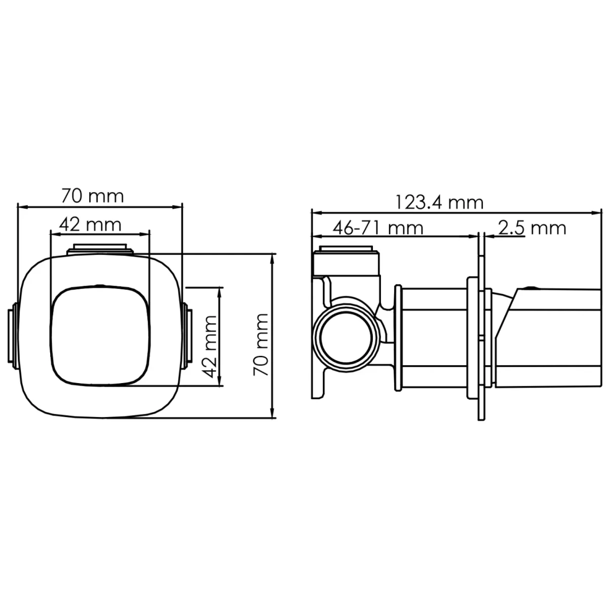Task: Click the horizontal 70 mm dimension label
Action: tap(92, 196)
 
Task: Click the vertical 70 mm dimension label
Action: tap(261, 345)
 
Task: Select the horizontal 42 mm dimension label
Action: tap(90, 225)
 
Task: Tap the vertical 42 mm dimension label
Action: tap(209, 347)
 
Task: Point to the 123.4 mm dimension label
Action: tap(439, 203)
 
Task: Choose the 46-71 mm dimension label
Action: tap(378, 228)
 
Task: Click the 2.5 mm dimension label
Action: tap(533, 228)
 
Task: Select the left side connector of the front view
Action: tap(13, 335)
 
